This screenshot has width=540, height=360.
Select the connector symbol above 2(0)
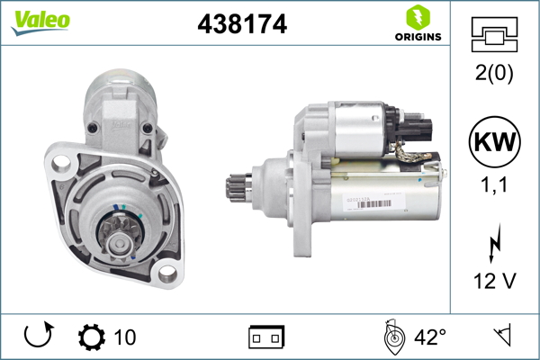tap(494, 34)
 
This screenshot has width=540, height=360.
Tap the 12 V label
tap(494, 282)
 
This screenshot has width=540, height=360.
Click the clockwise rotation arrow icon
tap(37, 337)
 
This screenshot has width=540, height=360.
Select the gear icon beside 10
tap(92, 337)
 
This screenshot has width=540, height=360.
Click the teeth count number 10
tap(125, 337)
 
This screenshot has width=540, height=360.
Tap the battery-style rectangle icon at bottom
tap(266, 337)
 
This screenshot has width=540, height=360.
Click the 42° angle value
tap(430, 337)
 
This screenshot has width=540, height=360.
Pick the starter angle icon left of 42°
tap(392, 337)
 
